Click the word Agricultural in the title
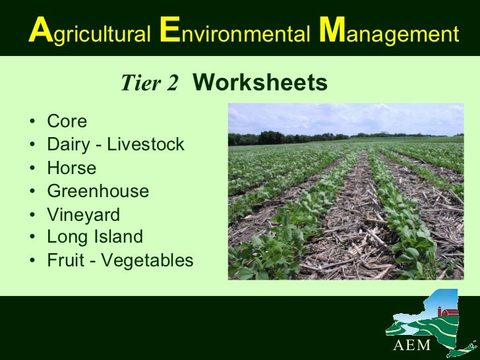90,34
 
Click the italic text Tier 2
150,84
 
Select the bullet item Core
67,122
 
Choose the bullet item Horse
71,168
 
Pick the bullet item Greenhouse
98,191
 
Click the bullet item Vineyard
83,215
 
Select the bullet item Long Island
94,236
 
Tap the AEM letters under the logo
412,346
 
